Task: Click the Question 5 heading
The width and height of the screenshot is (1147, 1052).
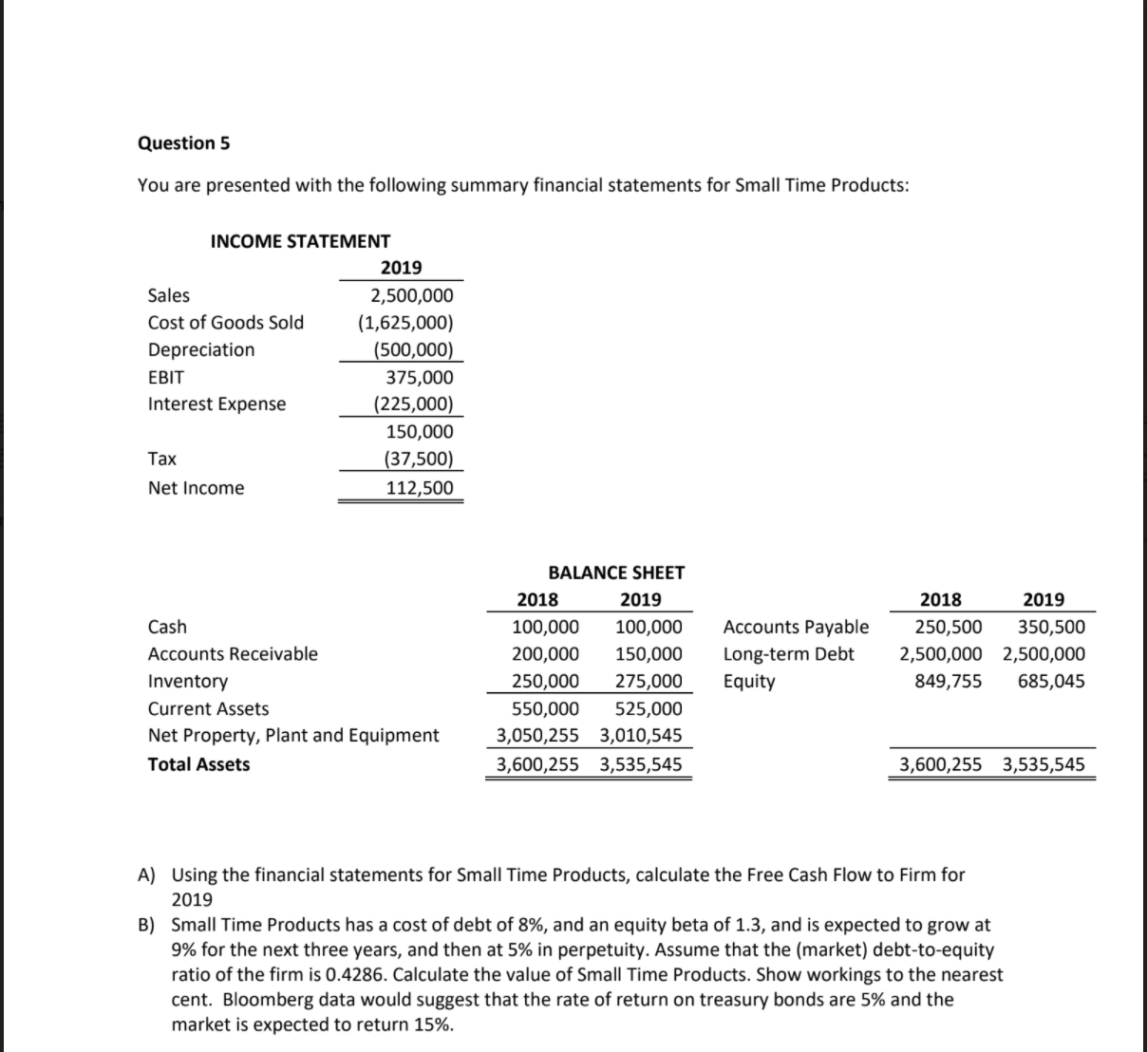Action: pos(183,143)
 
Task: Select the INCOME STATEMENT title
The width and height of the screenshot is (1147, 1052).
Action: pos(300,241)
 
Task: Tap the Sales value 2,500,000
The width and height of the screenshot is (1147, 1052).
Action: pos(411,295)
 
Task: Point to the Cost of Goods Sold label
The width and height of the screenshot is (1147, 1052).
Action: pos(226,322)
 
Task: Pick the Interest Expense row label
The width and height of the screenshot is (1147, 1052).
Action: pos(216,404)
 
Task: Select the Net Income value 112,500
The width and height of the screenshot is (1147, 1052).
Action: pos(419,488)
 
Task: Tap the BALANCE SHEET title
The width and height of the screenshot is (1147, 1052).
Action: pos(616,573)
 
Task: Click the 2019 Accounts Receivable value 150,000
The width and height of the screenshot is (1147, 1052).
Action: pos(649,653)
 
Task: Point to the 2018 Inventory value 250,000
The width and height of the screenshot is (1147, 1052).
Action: pos(545,681)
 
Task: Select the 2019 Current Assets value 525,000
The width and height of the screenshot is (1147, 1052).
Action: pos(649,708)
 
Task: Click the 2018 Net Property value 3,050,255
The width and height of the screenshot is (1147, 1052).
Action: pos(537,735)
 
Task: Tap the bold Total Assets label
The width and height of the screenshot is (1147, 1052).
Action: pos(199,764)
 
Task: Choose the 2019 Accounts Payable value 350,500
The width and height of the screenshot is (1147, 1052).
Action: pos(1051,627)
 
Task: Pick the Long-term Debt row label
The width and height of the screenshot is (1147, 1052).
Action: pos(788,653)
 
